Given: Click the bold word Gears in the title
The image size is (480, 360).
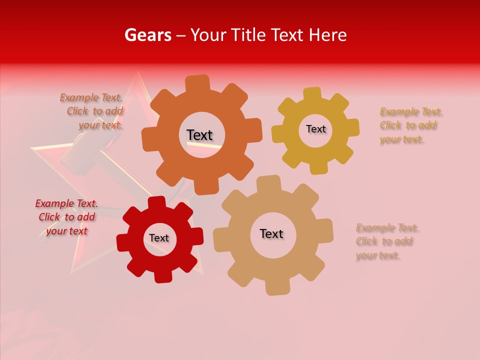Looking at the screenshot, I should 147,35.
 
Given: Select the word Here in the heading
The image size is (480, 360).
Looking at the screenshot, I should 327,35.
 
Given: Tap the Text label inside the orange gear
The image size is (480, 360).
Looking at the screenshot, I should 199,135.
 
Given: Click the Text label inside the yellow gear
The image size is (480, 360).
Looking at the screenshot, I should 315,129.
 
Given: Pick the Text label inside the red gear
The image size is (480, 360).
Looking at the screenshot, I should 159,238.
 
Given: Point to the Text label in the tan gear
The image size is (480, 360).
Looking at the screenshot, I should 271,233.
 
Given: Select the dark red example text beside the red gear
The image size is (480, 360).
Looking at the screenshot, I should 66,217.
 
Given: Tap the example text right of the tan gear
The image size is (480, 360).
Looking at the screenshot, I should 386,241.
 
